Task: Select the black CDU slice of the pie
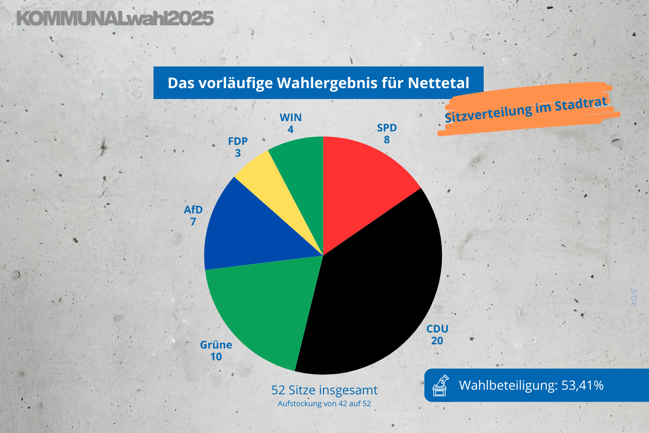(376, 289)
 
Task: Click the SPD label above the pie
(387, 128)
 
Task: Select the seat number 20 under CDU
(437, 341)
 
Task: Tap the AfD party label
(193, 210)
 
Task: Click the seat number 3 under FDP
(237, 153)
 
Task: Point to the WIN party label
(291, 118)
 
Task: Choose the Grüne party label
(216, 345)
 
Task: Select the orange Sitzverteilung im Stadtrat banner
(528, 109)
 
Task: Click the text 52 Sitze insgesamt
(324, 389)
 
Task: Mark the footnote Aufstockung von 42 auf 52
(324, 403)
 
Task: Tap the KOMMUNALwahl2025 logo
(115, 19)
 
